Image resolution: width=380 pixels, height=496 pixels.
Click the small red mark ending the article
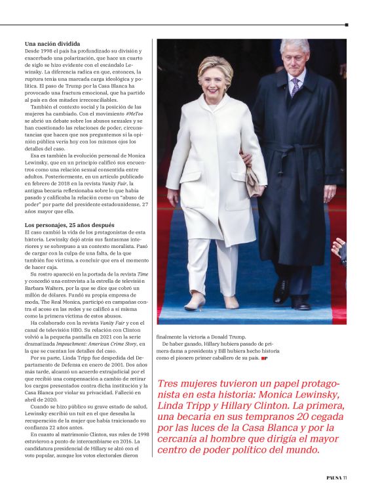pos(263,358)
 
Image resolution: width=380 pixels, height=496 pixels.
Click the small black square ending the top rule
pos(345,25)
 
